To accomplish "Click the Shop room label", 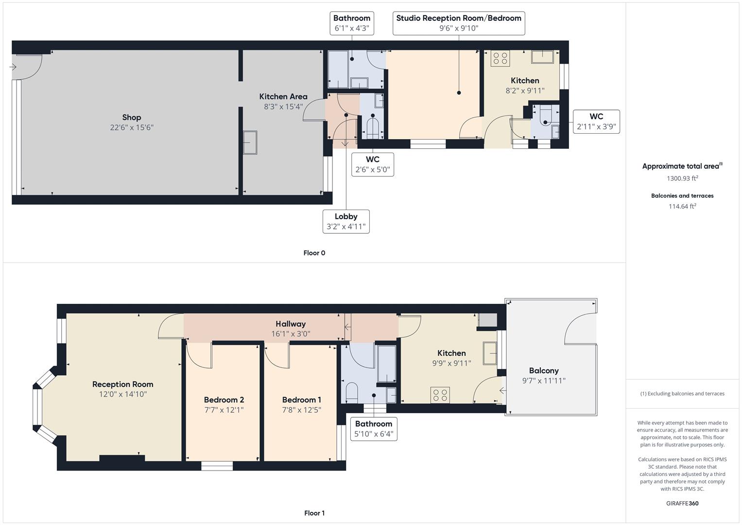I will pos(132,117).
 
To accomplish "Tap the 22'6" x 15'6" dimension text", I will pos(132,127).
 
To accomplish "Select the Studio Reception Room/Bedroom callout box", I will pos(459,23).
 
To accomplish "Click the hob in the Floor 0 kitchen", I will pos(500,58).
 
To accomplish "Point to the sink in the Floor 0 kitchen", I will pos(542,57).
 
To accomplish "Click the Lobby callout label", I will pos(346,221).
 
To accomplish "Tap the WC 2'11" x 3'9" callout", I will pos(596,122).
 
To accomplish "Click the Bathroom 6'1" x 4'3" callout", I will pos(352,23).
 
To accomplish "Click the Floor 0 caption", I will pos(314,253).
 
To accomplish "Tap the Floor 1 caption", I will pos(314,513).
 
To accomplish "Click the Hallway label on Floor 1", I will pos(291,324).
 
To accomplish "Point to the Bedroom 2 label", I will pos(224,400).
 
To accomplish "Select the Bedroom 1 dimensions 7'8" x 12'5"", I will pos(302,410).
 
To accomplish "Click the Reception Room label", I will pos(123,384).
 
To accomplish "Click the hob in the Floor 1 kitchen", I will pos(440,395).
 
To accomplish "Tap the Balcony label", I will pos(544,370).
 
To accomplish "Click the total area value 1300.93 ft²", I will pos(682,178).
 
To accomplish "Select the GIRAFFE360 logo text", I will pos(682,503).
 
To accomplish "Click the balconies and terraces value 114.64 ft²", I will pos(682,206).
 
